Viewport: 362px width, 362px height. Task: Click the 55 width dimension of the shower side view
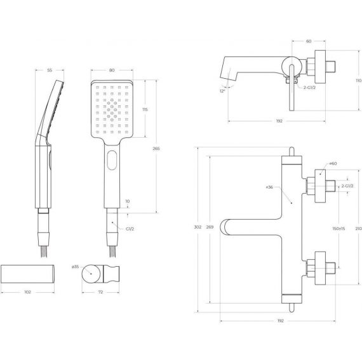pos(50,70)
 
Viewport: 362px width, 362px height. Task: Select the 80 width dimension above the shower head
pos(112,70)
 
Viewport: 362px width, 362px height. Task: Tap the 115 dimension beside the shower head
pos(145,109)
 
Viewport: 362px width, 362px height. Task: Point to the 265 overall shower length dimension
pos(156,149)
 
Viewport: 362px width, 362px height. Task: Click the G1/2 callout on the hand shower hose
pos(130,229)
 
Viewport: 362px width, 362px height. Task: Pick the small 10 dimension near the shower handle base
pos(128,201)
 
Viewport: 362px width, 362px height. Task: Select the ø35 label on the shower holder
pos(76,267)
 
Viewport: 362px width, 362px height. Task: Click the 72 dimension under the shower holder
pos(100,292)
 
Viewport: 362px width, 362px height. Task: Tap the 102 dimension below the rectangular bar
pos(27,292)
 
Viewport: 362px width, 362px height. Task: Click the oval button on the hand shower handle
pos(112,160)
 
